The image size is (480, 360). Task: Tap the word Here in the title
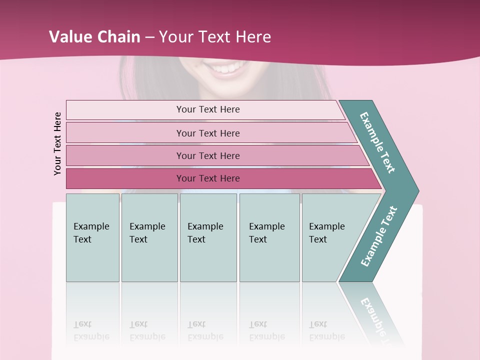tap(253, 37)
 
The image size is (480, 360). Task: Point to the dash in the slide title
tap(149, 37)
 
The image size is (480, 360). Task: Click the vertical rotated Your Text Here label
tap(58, 143)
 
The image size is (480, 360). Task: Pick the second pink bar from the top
tap(207, 133)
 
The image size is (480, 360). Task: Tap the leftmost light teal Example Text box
tap(92, 237)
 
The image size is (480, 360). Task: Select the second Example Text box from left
tap(149, 237)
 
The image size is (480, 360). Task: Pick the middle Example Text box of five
tap(207, 237)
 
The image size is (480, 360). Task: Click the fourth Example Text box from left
tap(269, 237)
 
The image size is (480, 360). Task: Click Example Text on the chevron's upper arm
tap(378, 143)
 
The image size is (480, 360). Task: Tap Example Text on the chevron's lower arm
tap(378, 236)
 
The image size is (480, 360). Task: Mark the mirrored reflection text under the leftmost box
tap(91, 330)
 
